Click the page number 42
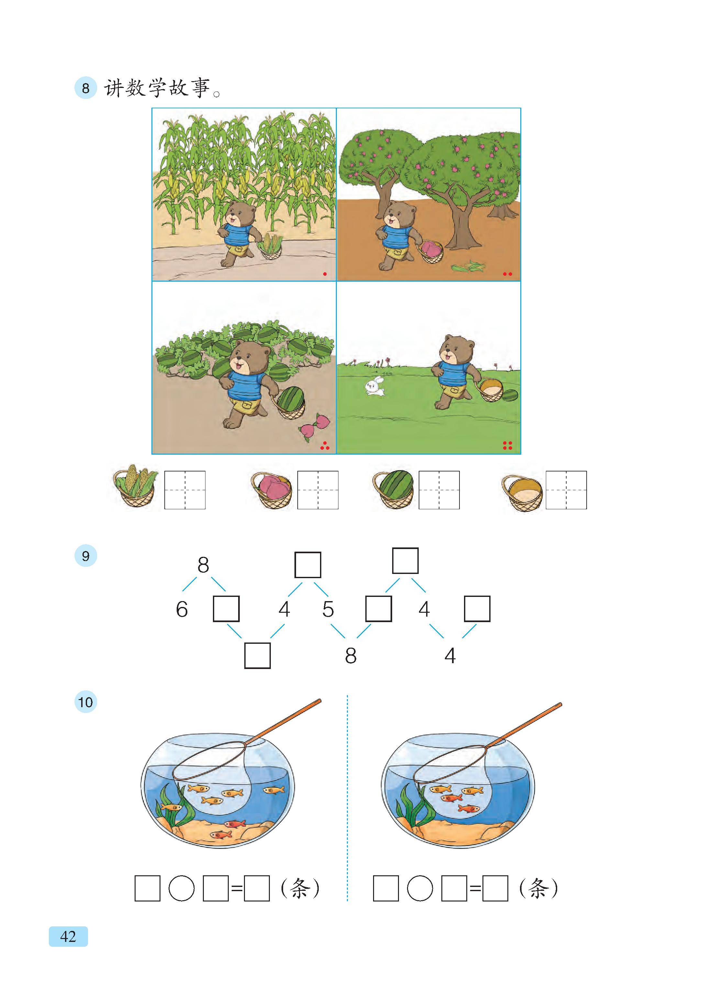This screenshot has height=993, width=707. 68,936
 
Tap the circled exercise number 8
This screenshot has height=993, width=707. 85,88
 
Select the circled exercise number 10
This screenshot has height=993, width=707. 85,702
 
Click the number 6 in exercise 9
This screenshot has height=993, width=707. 182,609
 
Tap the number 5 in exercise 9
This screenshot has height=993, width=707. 328,609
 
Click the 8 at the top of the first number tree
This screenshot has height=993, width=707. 203,565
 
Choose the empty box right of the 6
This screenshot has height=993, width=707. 226,609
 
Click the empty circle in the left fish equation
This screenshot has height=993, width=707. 181,888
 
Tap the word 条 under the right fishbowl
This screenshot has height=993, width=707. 538,888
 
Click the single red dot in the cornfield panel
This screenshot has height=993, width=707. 325,274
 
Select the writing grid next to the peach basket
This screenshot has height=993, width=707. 318,490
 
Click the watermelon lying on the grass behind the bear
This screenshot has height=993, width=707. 510,395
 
